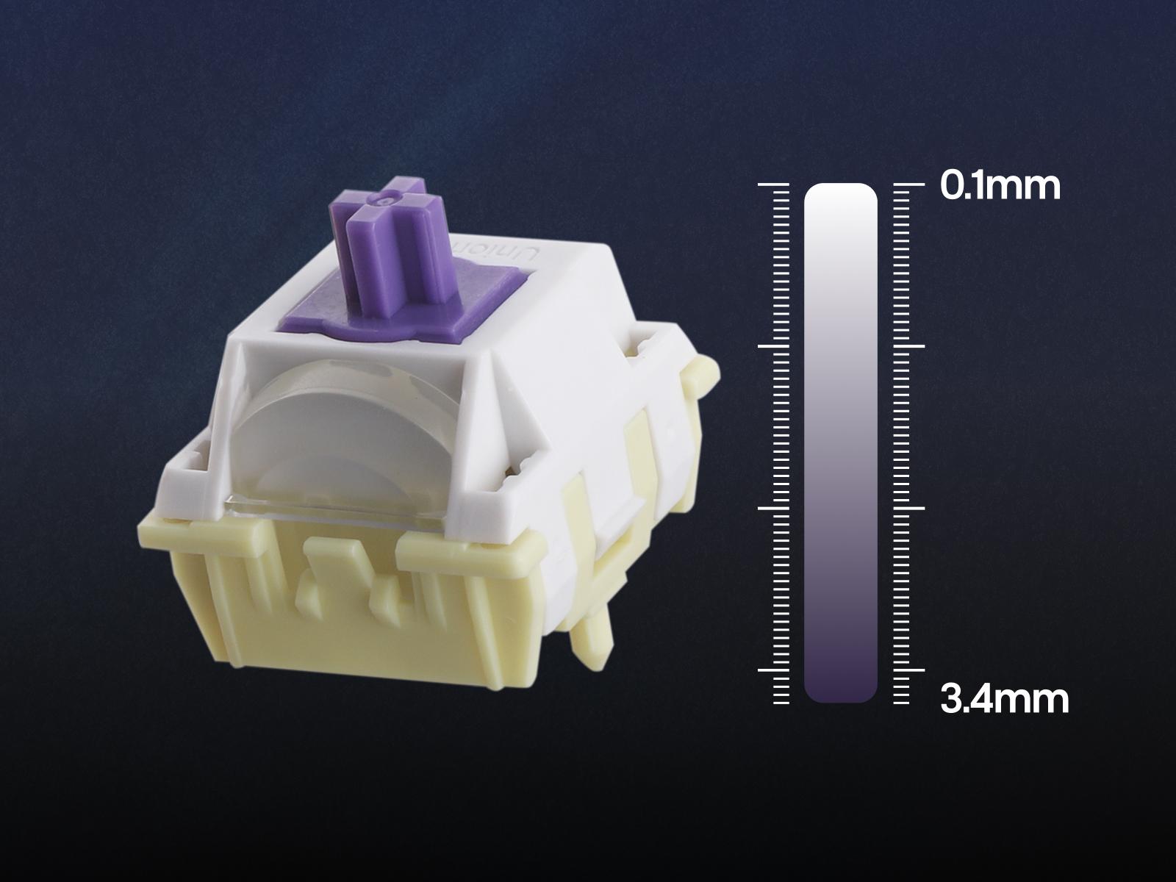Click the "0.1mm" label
(x=1000, y=187)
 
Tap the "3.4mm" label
(x=1005, y=700)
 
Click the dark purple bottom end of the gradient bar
(x=841, y=686)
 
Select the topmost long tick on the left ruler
(x=774, y=184)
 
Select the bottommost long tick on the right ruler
(x=909, y=670)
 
